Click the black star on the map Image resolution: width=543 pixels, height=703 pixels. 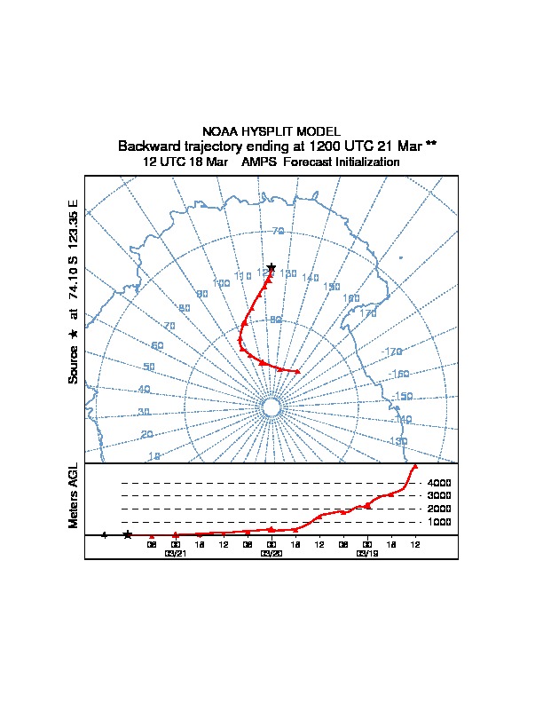click(x=271, y=268)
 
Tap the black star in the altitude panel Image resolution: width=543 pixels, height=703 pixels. click(x=128, y=534)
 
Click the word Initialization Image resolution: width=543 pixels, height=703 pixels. click(x=362, y=162)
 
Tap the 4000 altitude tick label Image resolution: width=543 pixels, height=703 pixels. click(x=439, y=483)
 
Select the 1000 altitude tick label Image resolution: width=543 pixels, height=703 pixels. click(x=439, y=522)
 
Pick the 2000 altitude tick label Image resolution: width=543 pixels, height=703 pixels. click(x=439, y=509)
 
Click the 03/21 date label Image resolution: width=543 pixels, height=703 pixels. click(x=176, y=553)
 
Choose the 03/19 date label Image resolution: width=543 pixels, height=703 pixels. click(x=367, y=553)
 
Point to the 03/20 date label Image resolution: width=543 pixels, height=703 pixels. click(x=271, y=553)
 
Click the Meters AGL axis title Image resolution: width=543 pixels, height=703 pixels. click(x=75, y=496)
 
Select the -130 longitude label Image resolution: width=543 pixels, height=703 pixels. click(x=397, y=441)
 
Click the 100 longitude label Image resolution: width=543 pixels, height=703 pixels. click(x=222, y=283)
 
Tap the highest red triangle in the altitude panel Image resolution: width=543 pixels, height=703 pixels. click(x=415, y=466)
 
